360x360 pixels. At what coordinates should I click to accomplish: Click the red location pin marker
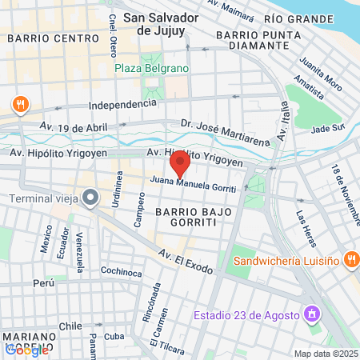pyautogui.click(x=180, y=165)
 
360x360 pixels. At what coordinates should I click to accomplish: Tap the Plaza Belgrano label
pyautogui.click(x=151, y=68)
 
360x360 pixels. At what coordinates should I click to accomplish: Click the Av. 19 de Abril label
pyautogui.click(x=73, y=126)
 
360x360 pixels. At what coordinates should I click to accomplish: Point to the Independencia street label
pyautogui.click(x=122, y=104)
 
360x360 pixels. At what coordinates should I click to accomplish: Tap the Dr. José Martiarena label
pyautogui.click(x=225, y=132)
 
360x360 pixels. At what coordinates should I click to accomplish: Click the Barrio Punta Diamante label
pyautogui.click(x=252, y=41)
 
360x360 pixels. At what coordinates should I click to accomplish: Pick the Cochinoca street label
pyautogui.click(x=121, y=271)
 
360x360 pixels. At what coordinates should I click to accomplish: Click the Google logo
pyautogui.click(x=26, y=349)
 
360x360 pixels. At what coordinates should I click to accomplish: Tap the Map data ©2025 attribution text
pyautogui.click(x=326, y=354)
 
